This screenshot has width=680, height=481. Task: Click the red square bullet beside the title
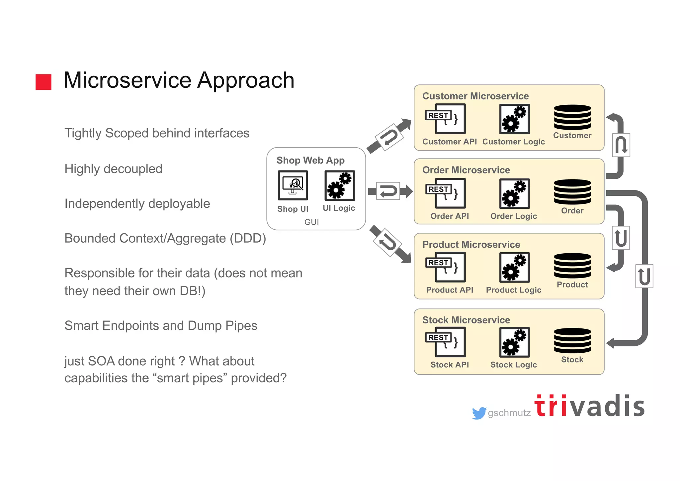(x=43, y=82)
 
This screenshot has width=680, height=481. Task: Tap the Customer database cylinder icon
(x=572, y=117)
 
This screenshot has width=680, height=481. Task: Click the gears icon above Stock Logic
(x=514, y=342)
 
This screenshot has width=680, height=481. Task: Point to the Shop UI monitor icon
(x=293, y=185)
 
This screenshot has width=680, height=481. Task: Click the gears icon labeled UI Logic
(x=340, y=185)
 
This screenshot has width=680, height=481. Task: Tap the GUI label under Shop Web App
(x=311, y=222)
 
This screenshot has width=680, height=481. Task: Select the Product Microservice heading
(x=471, y=245)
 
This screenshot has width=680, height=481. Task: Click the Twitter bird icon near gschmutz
(x=479, y=413)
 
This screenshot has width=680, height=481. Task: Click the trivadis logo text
(x=589, y=406)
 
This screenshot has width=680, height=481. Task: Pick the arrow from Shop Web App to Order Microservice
(x=390, y=191)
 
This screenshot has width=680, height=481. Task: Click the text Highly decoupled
(x=113, y=169)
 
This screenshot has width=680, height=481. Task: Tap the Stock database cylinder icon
(x=572, y=341)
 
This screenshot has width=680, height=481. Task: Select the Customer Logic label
(x=513, y=142)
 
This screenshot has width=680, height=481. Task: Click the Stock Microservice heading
(x=466, y=320)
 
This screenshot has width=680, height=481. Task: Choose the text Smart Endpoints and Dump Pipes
(x=161, y=326)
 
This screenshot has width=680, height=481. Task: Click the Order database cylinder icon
(x=572, y=192)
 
